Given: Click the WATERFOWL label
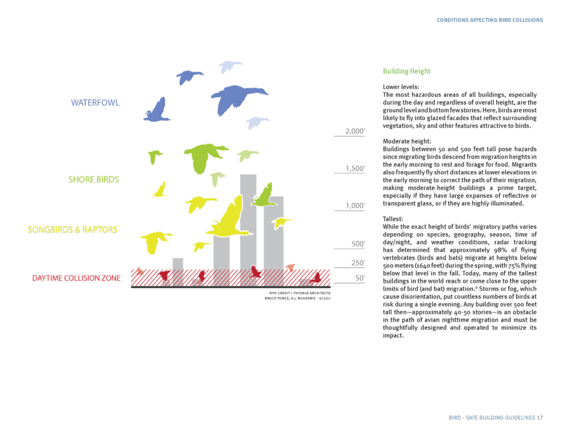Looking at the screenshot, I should (x=96, y=103).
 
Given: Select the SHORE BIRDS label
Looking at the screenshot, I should (x=94, y=180).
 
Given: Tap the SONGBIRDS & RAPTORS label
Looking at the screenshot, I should (x=72, y=230).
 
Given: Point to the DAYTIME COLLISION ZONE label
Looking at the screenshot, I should (x=76, y=278).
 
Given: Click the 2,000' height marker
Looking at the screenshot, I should (x=355, y=132).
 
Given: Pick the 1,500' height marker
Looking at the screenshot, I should (x=355, y=169).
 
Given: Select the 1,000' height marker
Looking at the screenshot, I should (x=355, y=206).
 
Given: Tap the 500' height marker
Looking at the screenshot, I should (x=357, y=244).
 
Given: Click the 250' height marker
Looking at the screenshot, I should (x=357, y=263).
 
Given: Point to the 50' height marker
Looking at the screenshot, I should (x=359, y=278).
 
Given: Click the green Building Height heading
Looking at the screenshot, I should (x=406, y=72).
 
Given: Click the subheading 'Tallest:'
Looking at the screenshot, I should (x=393, y=219).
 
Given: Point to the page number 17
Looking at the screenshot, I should (x=539, y=418).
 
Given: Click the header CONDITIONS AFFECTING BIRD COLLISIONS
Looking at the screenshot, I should (x=490, y=20).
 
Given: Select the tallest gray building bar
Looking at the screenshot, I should (x=248, y=228).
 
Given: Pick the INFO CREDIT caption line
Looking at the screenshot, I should (x=299, y=293).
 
